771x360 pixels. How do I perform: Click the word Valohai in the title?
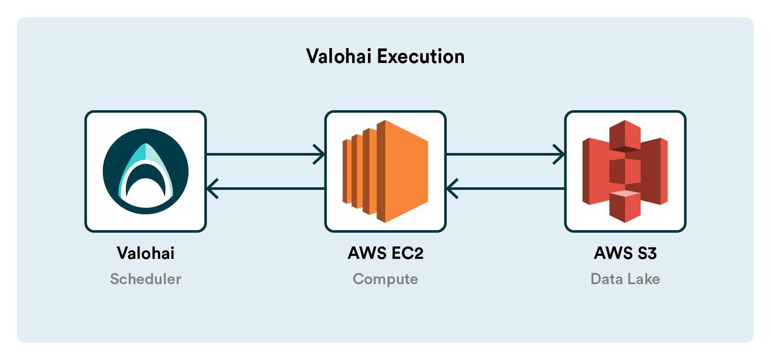point(338,57)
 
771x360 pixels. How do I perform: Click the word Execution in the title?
point(421,57)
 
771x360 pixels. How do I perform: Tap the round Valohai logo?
point(146,171)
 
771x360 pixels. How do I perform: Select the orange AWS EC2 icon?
point(385,171)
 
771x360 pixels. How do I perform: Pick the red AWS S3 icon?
point(625,171)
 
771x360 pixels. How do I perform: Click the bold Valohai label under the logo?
point(146,253)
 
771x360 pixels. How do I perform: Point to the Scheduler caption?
point(146,279)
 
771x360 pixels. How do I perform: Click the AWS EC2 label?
point(385,253)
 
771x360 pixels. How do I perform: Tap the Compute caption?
point(385,279)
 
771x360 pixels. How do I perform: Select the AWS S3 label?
point(625,253)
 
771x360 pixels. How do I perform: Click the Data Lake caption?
point(625,279)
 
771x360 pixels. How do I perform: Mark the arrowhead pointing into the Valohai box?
point(212,189)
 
